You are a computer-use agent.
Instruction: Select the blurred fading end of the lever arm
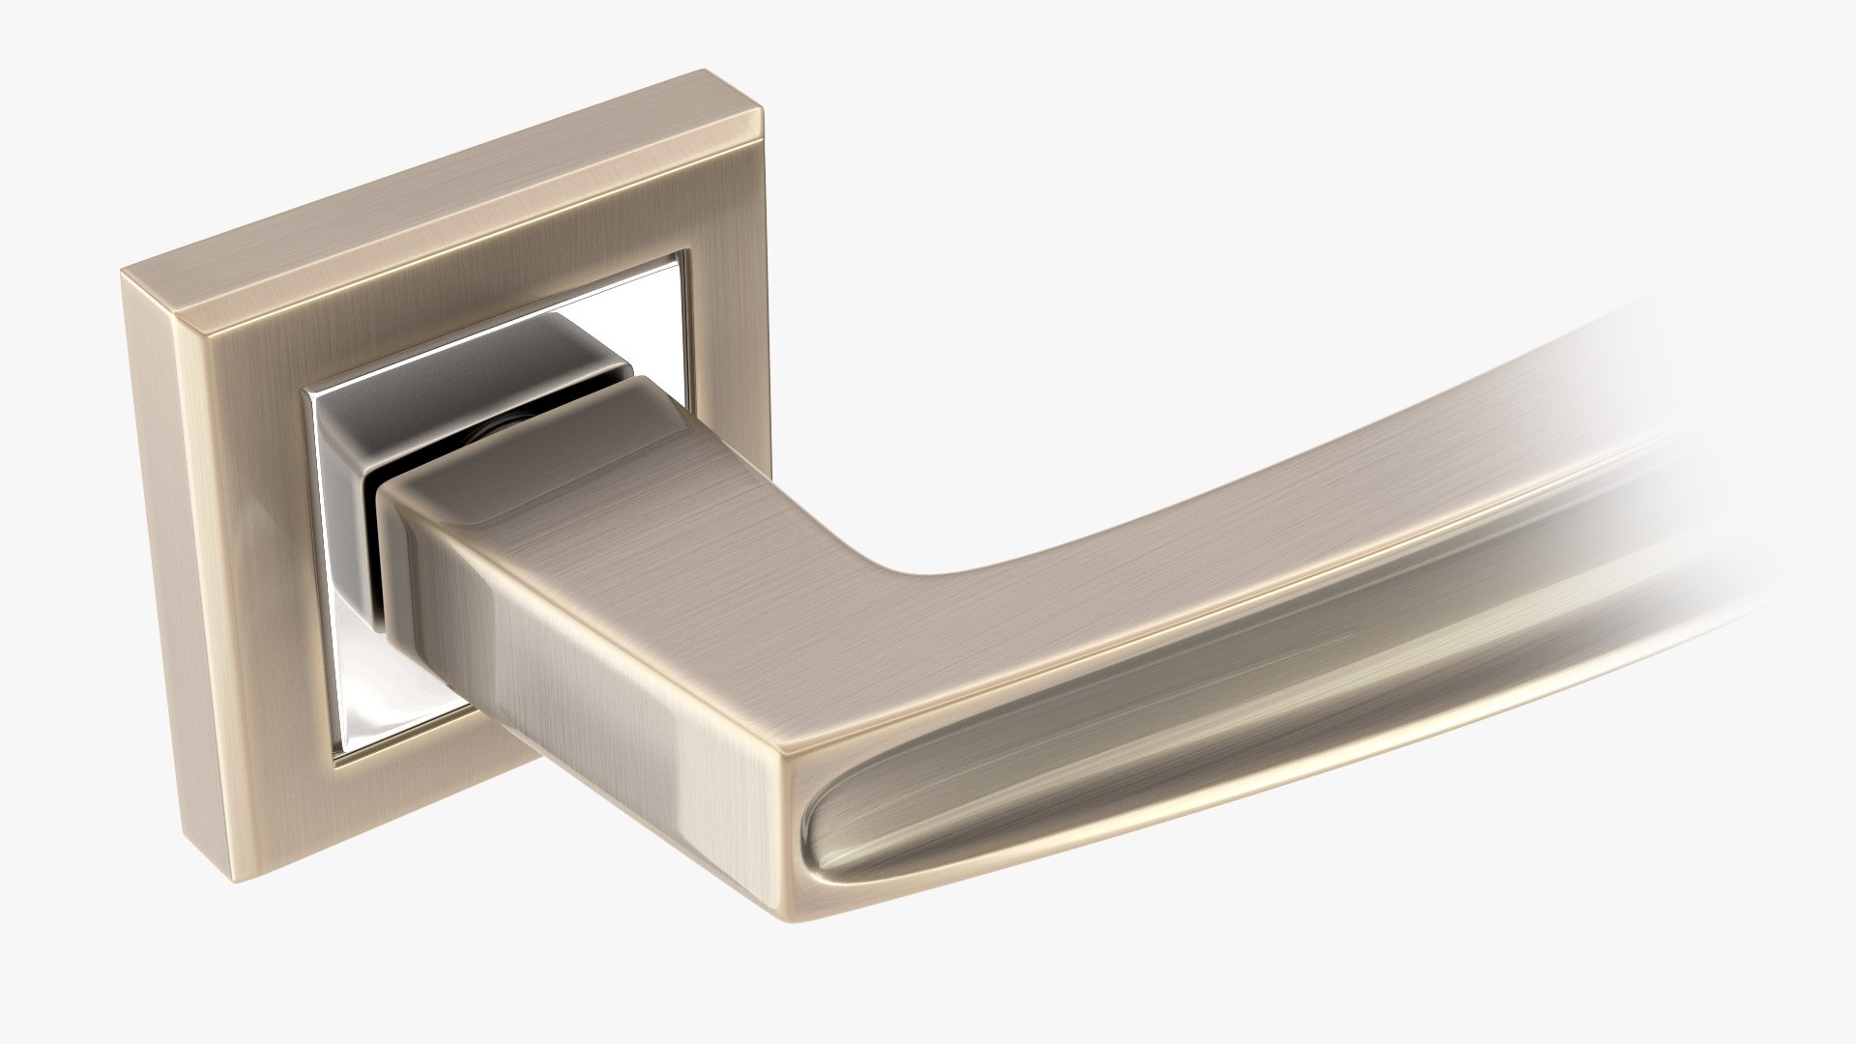[x=1663, y=464]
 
